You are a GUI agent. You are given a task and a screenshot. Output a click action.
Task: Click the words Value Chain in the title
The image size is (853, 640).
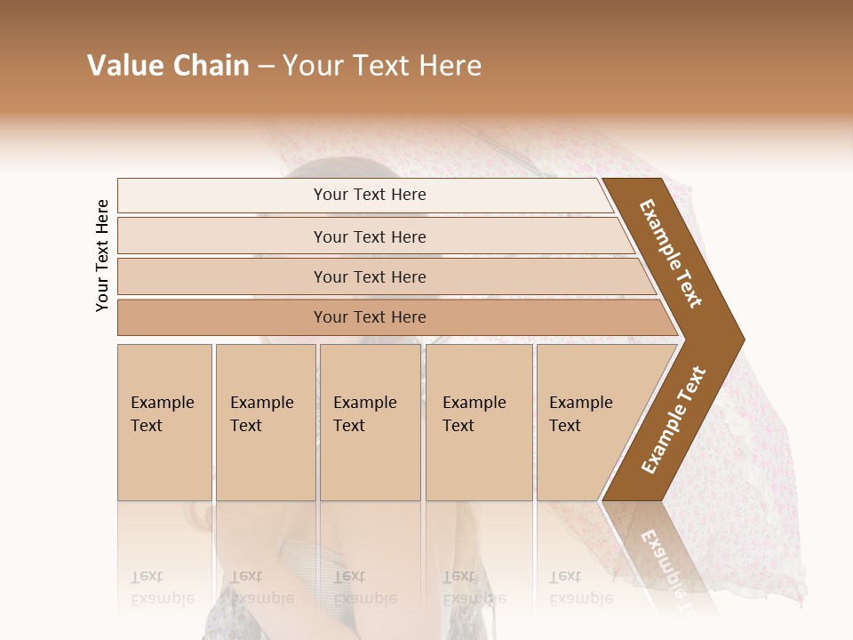coord(168,66)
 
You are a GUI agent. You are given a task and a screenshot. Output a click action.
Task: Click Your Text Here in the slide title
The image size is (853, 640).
coord(382,66)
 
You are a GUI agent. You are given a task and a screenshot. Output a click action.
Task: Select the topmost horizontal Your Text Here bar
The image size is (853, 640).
coord(370,195)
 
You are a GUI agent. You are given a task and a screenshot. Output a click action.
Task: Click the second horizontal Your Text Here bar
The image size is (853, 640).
coord(370,236)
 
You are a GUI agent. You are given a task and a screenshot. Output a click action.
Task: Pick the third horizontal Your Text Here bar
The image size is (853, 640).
coord(370,276)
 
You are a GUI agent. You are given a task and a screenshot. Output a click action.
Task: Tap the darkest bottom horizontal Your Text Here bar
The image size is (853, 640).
coord(370,317)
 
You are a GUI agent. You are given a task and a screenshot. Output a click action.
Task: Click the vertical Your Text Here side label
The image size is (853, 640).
coord(102,255)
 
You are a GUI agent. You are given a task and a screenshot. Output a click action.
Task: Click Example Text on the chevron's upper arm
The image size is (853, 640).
coord(671,253)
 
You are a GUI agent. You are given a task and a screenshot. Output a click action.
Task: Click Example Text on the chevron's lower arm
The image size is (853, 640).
coord(673,420)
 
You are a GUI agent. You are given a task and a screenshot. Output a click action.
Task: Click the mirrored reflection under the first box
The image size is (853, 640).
coord(163,587)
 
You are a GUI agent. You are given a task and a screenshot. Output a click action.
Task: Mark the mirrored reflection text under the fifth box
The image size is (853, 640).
coord(580,587)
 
